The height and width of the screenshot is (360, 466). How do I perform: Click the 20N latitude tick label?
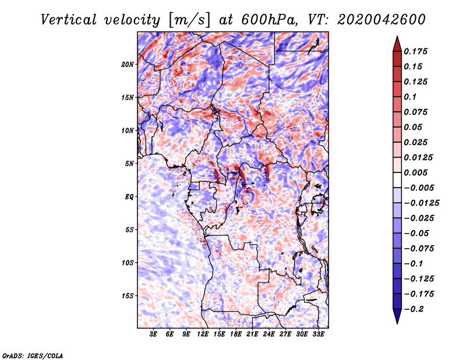[128, 64]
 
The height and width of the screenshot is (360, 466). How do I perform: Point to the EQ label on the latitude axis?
[129, 197]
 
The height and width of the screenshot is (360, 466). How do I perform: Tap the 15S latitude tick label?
[128, 296]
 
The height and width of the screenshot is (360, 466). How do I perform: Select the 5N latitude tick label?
[129, 164]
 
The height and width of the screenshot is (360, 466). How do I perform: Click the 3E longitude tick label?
[154, 335]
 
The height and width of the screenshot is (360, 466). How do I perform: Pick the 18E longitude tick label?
[236, 335]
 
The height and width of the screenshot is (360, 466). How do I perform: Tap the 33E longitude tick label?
[318, 335]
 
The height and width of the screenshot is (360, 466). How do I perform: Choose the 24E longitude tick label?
[269, 335]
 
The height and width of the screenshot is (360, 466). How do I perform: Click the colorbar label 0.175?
[417, 51]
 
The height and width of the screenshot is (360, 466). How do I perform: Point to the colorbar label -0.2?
[415, 309]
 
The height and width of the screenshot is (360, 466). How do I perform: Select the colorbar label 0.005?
[417, 172]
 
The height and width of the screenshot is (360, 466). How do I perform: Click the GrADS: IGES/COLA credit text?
[33, 355]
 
